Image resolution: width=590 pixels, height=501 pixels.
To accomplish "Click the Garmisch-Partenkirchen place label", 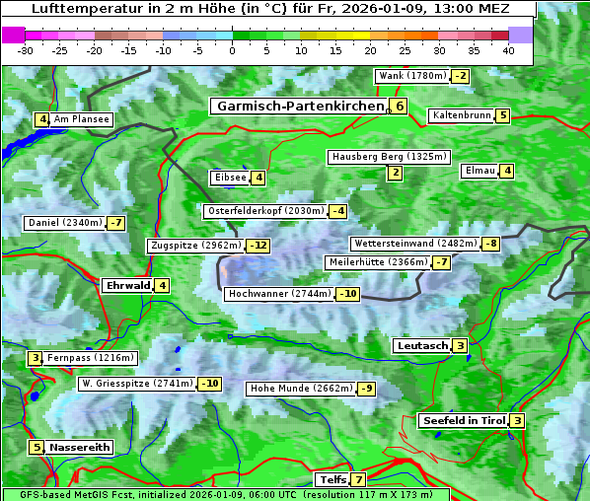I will tap(298, 106).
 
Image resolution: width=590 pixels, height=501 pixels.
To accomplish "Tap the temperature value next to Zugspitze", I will tap(258, 246).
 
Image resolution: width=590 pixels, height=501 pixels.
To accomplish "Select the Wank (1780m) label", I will tap(412, 76).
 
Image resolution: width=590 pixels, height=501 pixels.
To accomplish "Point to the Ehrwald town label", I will tap(126, 286).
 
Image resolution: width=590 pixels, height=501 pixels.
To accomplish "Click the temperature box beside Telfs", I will tap(357, 480).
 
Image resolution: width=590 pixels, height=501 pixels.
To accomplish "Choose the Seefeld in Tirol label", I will tap(463, 421).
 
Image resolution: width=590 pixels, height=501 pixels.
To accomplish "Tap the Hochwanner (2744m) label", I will tap(279, 294).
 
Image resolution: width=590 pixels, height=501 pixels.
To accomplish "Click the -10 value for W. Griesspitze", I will tap(209, 384).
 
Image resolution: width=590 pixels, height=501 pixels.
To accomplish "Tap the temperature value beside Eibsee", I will tap(258, 178).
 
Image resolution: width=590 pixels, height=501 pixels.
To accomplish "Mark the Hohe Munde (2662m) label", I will tap(300, 389).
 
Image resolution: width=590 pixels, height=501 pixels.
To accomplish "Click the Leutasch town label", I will tap(422, 346).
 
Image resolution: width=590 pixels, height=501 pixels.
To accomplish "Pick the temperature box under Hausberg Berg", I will tap(395, 174).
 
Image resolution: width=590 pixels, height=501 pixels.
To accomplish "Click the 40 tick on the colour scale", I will tap(508, 50).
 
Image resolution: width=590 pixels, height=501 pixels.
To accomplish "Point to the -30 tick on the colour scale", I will tap(26, 50).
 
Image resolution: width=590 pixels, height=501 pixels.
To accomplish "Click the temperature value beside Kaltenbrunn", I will tap(502, 115).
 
